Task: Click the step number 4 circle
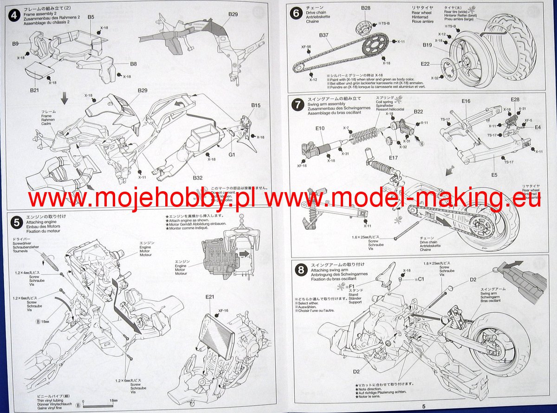pos(15,14)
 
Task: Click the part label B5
pos(91,17)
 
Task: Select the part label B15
pos(256,106)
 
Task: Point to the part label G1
pos(232,154)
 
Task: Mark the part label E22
pos(425,64)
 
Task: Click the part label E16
pos(466,101)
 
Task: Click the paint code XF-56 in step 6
pos(306,46)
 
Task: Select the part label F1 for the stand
pos(354,287)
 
